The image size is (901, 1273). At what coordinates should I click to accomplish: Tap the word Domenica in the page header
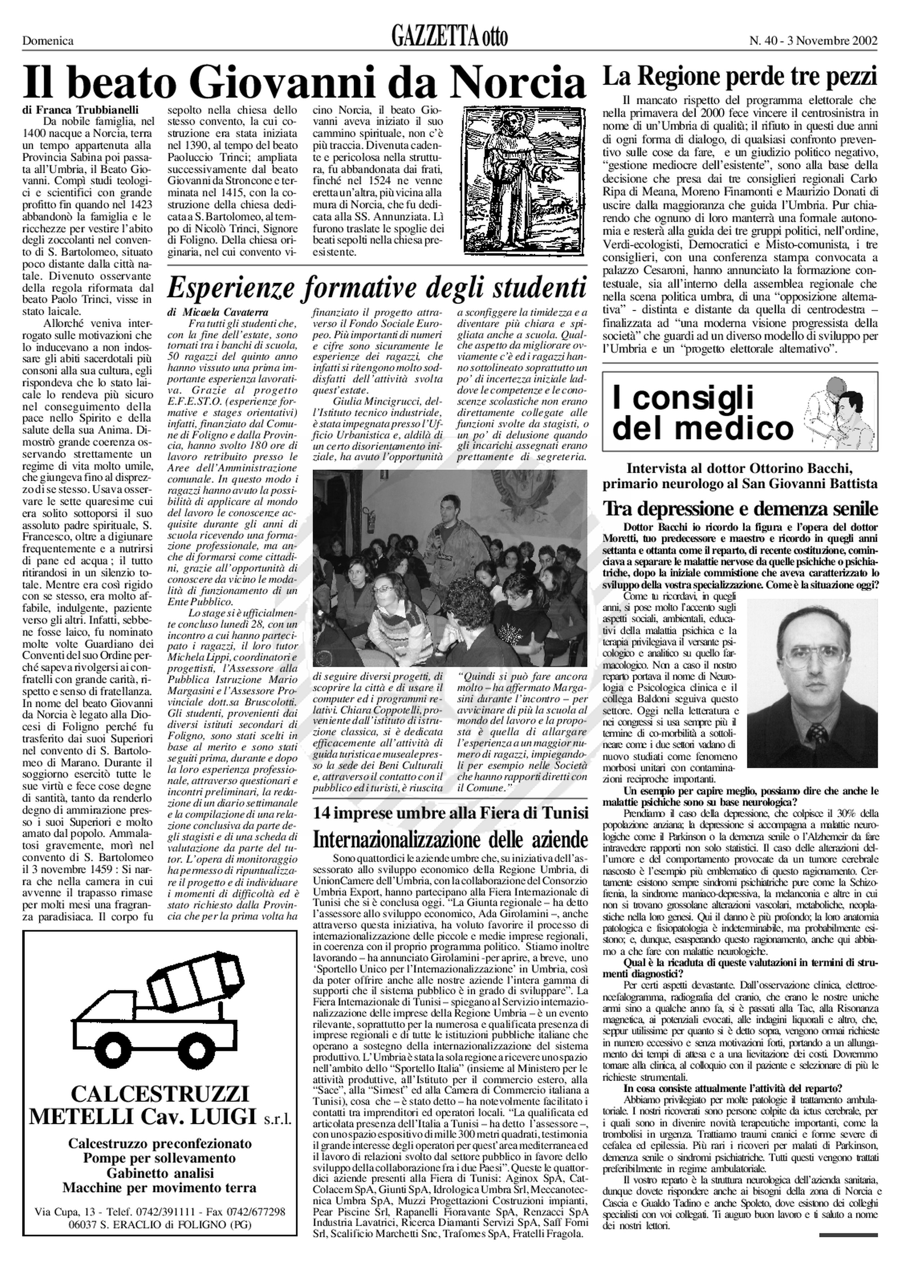pyautogui.click(x=48, y=40)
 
